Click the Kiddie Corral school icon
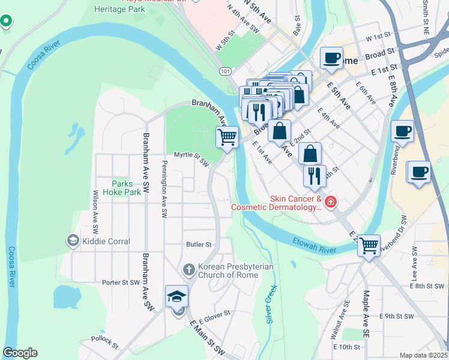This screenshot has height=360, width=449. (x=73, y=241)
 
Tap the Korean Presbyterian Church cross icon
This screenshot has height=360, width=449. (x=188, y=270)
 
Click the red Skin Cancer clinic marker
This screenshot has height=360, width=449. (x=330, y=203)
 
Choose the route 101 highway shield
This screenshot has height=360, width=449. (x=225, y=71)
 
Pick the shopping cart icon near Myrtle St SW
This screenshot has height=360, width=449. (x=227, y=137)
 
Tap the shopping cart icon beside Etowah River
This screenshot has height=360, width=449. (x=369, y=244)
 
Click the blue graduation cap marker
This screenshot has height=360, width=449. (x=177, y=296)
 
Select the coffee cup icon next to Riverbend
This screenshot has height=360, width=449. (x=402, y=130)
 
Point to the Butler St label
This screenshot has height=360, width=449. (x=199, y=245)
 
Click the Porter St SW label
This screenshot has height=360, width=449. (x=120, y=282)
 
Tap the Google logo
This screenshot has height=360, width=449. (x=20, y=353)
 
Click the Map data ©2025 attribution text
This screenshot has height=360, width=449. (x=423, y=355)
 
